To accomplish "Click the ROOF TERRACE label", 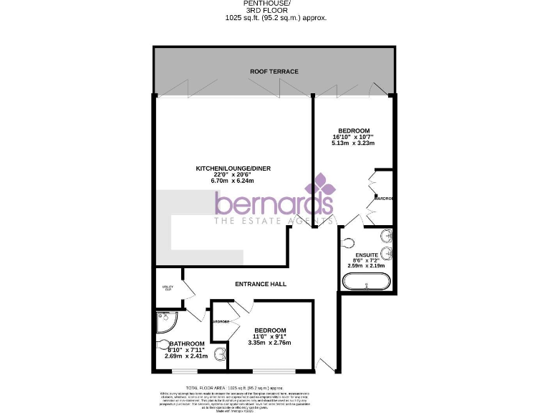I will click(274, 72).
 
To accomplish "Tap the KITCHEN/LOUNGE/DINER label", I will click(234, 169).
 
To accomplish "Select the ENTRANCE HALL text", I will click(261, 284).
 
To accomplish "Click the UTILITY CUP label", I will click(168, 288).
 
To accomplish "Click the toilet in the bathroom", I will click(218, 352).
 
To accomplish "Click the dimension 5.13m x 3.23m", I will click(354, 143).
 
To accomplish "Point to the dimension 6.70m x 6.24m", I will click(234, 181).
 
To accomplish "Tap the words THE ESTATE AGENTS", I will click(275, 222).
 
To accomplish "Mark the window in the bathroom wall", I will click(183, 371).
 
